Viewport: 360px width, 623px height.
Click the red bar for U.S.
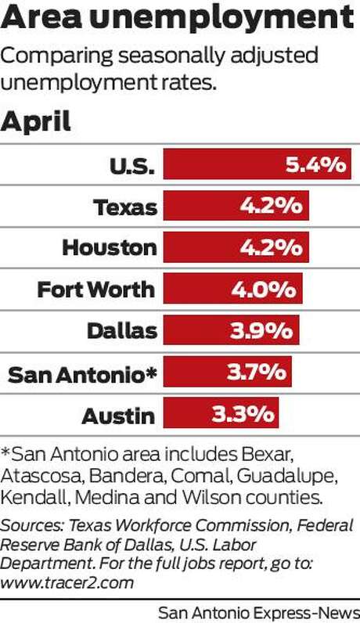click(x=257, y=164)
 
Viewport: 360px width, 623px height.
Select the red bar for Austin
click(x=221, y=413)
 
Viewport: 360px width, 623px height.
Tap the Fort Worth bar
click(x=233, y=289)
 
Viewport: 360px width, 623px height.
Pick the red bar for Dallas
click(x=231, y=330)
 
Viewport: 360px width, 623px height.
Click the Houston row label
click(x=110, y=247)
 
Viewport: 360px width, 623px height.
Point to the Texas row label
click(x=125, y=207)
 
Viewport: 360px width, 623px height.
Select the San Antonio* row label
click(x=82, y=374)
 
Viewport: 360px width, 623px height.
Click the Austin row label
click(x=118, y=416)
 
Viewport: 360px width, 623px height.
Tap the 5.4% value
click(x=316, y=164)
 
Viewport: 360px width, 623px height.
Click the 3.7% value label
click(x=257, y=372)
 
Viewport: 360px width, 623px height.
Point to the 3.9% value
click(x=261, y=330)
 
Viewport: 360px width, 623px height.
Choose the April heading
click(x=36, y=122)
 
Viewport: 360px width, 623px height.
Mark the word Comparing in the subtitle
click(x=57, y=56)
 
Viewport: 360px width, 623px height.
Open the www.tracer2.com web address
click(x=67, y=583)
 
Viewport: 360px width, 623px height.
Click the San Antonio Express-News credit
click(x=259, y=613)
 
